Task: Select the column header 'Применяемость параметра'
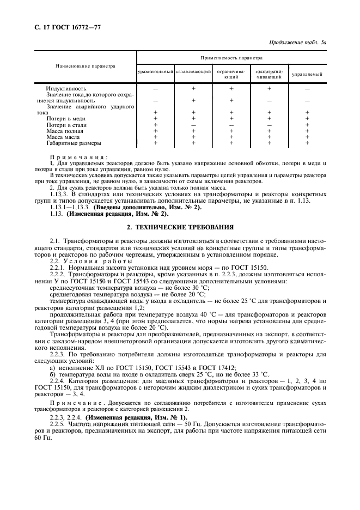[x=231, y=57]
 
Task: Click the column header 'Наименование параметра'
[x=86, y=66]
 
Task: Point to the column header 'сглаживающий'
[x=193, y=72]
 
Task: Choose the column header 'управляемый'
[x=307, y=74]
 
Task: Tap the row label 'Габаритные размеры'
[x=74, y=144]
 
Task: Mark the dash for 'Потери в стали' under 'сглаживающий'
[x=193, y=125]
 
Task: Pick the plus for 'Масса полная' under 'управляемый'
[x=307, y=131]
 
